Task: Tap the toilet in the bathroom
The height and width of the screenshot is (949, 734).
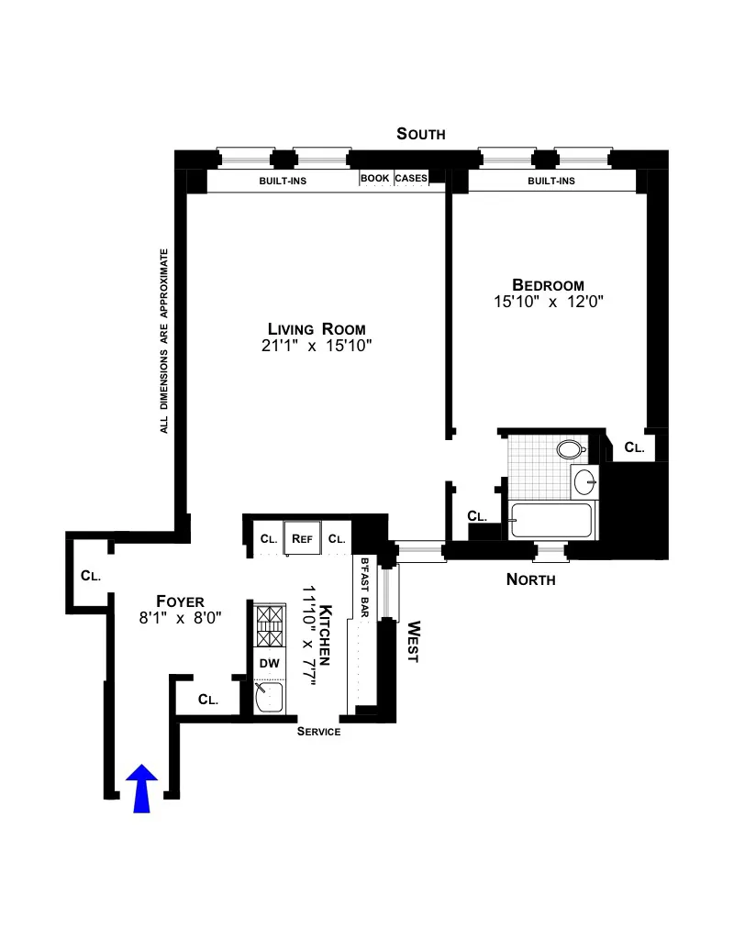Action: (571, 450)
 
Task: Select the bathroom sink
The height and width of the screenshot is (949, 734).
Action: (584, 480)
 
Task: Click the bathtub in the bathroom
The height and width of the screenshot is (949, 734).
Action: (552, 521)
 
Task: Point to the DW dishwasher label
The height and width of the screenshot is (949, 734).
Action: (269, 662)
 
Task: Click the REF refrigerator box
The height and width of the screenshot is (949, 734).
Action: (303, 539)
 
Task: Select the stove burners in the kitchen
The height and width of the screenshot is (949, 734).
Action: (268, 625)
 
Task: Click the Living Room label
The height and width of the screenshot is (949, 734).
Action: (317, 329)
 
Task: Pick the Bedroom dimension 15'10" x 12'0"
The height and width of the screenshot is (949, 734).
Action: (548, 301)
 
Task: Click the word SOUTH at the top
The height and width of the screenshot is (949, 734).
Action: (421, 134)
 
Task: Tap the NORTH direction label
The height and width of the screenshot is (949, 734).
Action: (531, 579)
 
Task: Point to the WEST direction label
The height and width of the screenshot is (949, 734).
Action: (412, 642)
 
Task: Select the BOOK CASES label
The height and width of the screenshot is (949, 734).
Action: (395, 179)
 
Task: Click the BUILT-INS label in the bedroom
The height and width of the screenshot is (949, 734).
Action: (550, 181)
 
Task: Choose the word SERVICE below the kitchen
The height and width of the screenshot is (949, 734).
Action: (319, 732)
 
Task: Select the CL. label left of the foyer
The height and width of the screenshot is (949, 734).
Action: (90, 576)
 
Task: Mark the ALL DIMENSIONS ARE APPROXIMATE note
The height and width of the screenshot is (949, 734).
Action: (165, 340)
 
